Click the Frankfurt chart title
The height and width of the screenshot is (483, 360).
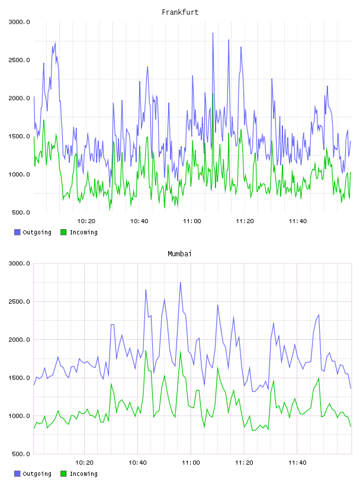(x=180, y=12)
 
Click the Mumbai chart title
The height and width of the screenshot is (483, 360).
(x=179, y=254)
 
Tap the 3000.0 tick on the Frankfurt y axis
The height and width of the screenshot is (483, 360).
(x=19, y=22)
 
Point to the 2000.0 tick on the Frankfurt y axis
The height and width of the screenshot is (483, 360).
(x=19, y=98)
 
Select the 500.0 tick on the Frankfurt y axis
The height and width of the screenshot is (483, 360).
(x=21, y=212)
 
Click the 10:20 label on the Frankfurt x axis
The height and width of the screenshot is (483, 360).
(x=86, y=221)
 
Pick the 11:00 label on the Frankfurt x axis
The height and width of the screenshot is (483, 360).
(x=192, y=221)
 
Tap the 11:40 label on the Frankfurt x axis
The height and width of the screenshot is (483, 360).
(x=297, y=221)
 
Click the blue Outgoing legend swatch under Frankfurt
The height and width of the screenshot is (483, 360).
(x=17, y=232)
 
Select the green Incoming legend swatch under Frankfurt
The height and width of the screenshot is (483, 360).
(x=63, y=232)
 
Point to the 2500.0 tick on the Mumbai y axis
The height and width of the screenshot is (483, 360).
(x=19, y=301)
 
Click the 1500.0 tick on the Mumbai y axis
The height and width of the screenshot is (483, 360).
(x=19, y=378)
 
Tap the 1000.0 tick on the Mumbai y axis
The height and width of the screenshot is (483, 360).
(x=19, y=416)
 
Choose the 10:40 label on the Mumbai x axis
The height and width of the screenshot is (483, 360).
(x=137, y=463)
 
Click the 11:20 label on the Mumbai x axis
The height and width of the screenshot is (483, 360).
(x=244, y=463)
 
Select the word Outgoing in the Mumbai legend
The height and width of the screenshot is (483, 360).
(x=37, y=474)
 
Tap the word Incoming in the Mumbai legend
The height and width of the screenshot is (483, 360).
(x=83, y=474)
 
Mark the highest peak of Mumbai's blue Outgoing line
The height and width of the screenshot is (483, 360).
(x=181, y=282)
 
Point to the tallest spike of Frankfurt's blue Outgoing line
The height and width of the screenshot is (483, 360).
(x=213, y=33)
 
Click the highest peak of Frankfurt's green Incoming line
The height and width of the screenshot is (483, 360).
(x=213, y=93)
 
